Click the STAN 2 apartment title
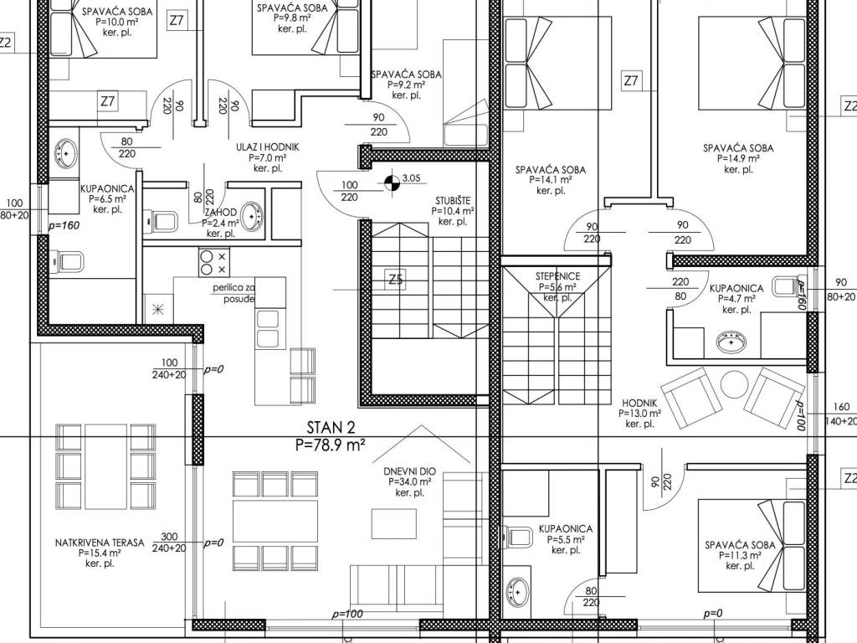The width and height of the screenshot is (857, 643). click(330, 427)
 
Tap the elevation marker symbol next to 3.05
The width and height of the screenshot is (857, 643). click(392, 183)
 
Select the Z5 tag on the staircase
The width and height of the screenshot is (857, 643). click(396, 280)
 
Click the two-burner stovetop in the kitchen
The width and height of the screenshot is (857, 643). click(214, 262)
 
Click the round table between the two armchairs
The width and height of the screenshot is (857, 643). click(735, 384)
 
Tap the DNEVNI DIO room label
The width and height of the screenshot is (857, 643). click(409, 472)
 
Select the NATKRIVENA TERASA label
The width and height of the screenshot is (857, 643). click(100, 543)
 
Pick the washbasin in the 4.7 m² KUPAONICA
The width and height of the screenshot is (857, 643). click(731, 342)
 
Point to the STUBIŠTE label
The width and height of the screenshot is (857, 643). click(453, 200)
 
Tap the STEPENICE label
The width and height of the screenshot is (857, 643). click(557, 276)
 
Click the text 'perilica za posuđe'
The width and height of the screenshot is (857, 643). click(234, 293)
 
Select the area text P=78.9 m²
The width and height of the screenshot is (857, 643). click(330, 445)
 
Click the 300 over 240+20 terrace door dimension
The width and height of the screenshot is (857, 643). click(169, 543)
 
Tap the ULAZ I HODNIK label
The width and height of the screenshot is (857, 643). click(268, 147)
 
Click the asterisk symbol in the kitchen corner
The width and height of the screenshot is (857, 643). click(157, 310)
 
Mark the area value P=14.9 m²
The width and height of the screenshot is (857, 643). click(738, 158)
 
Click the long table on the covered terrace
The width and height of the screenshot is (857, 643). click(106, 466)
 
